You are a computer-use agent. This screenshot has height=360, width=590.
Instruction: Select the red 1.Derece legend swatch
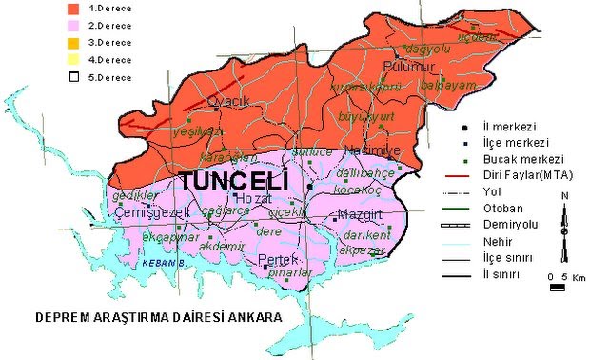pos(70,8)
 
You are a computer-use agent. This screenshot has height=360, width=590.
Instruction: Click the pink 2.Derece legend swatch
pos(70,25)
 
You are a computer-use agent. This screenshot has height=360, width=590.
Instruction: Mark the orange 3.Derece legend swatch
pos(70,42)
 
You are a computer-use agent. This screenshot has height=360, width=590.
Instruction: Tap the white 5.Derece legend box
pos(70,76)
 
